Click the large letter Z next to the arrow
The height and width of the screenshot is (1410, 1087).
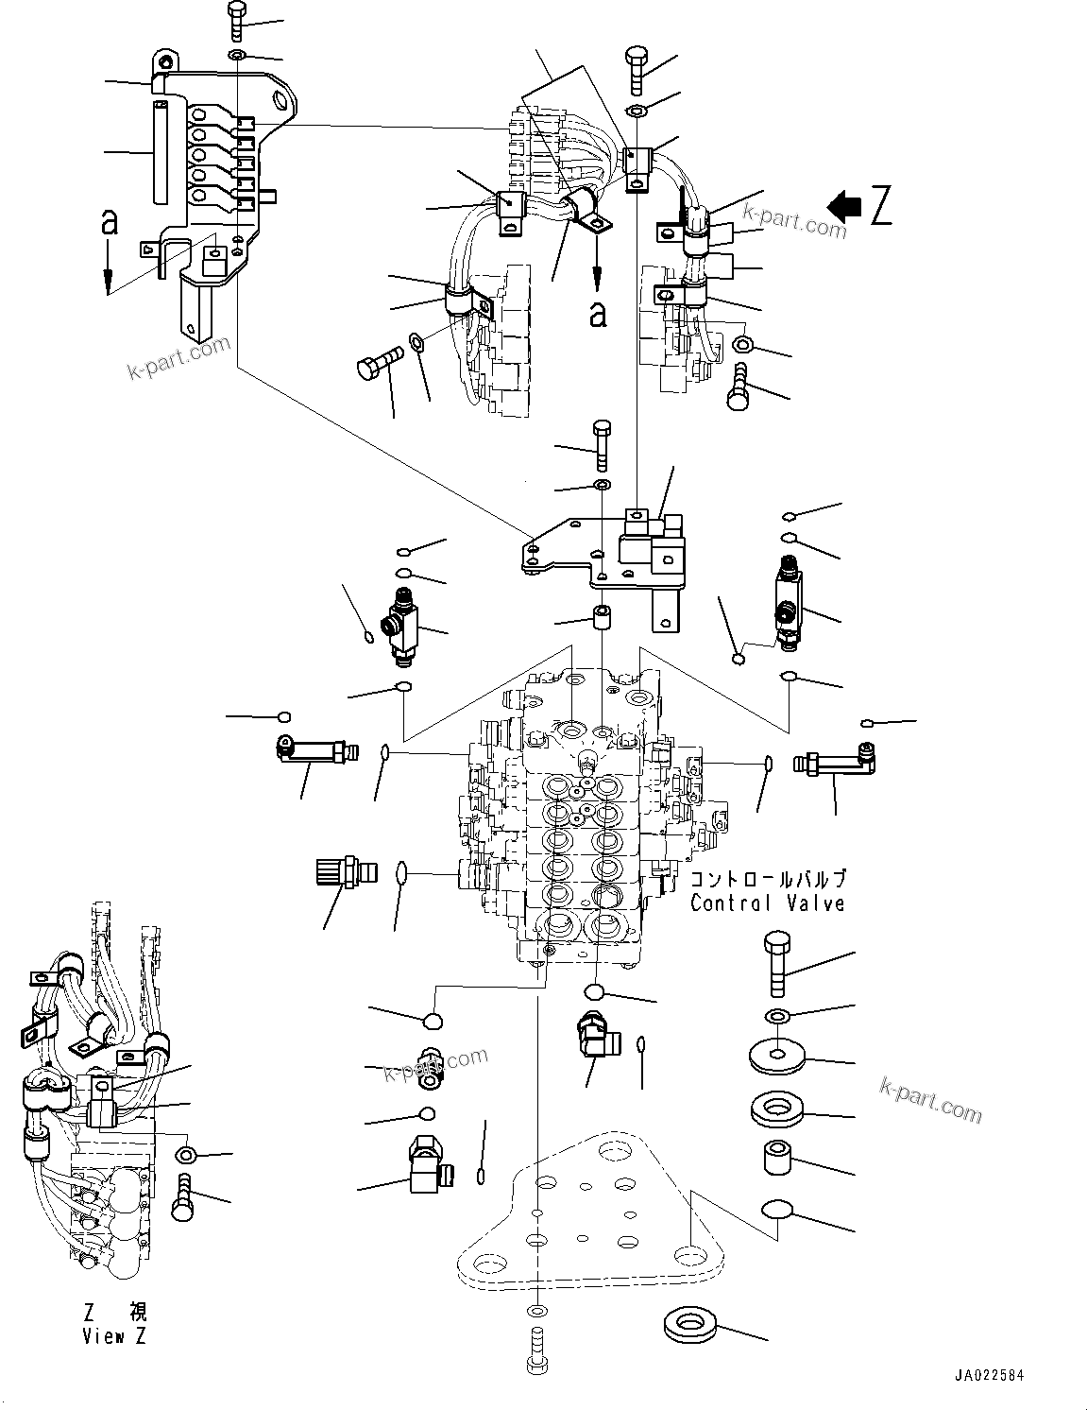(x=880, y=206)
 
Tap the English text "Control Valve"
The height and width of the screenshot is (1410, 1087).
(x=767, y=903)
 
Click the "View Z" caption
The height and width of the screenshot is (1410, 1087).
(x=115, y=1336)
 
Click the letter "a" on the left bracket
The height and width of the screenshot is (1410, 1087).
(x=110, y=222)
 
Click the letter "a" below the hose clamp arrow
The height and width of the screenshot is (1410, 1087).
(x=598, y=314)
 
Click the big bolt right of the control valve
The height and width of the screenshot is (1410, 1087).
(x=776, y=961)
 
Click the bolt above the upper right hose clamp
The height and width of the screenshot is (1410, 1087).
(x=636, y=69)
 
